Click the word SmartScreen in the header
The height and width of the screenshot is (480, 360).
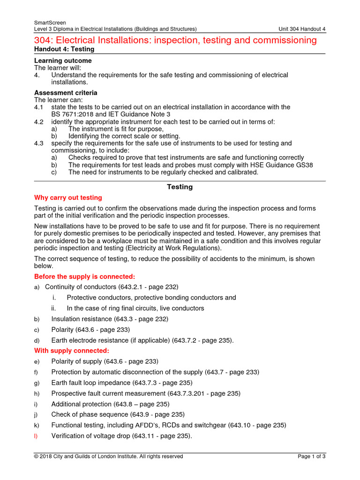pos(50,22)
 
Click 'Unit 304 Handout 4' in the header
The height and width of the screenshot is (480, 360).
pos(301,29)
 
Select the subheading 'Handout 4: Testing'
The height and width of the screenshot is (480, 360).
pos(64,49)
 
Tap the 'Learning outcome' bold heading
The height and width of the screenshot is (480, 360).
pos(63,61)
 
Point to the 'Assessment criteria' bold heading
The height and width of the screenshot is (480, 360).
pos(66,93)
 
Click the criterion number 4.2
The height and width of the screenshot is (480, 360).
pos(39,122)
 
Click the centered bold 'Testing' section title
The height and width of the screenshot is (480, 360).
pos(180,187)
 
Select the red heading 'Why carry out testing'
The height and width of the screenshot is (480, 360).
pos(68,198)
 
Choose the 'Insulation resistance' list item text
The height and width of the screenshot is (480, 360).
pos(82,319)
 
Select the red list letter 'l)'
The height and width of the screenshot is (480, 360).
pos(36,436)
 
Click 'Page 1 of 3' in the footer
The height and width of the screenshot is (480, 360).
pos(312,457)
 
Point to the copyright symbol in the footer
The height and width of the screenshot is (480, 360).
pos(37,457)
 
